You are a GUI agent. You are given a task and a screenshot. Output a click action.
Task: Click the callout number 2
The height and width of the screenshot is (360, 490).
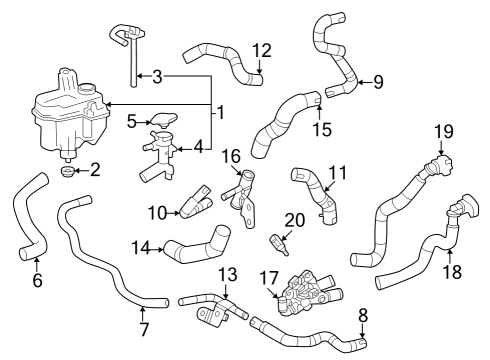[x=95, y=170]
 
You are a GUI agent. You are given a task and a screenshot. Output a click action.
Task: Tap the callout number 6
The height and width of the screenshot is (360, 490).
[x=37, y=281]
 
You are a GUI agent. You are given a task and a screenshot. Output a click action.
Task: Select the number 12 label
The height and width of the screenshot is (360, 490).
[x=261, y=49]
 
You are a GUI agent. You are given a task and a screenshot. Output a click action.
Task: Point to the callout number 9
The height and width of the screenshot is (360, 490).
[x=377, y=81]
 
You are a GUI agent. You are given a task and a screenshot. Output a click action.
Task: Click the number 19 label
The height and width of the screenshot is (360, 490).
[x=443, y=132]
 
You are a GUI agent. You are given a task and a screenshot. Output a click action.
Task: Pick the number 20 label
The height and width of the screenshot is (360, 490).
[x=294, y=220]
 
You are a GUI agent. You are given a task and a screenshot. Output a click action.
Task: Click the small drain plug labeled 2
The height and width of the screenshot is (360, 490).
[x=68, y=174]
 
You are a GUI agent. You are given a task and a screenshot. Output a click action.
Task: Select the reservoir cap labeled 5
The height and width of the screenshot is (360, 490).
[x=161, y=122]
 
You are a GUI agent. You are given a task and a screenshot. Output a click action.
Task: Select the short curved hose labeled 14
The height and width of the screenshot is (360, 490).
[x=195, y=249]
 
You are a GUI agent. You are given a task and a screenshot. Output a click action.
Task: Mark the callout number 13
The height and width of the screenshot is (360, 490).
[x=227, y=273]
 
